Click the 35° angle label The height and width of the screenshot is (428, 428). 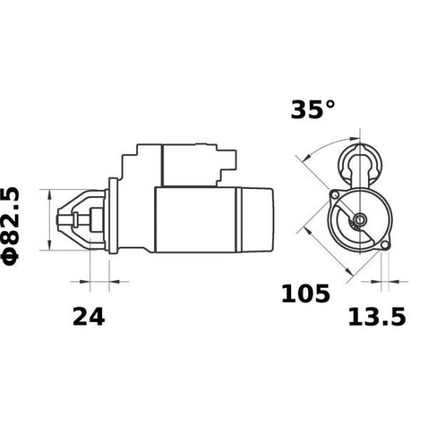[313, 111]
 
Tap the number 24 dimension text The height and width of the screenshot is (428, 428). [88, 316]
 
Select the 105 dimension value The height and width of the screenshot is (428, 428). [305, 294]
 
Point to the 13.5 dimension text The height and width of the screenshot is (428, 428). [376, 317]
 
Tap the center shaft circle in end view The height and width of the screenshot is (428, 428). [359, 220]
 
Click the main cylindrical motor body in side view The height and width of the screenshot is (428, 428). [198, 220]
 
